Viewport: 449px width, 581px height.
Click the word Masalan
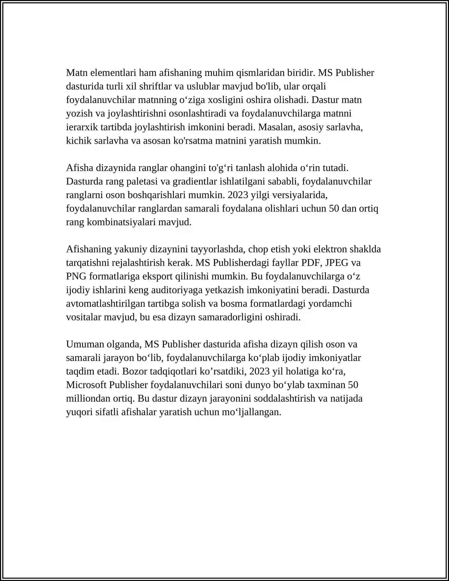(276, 127)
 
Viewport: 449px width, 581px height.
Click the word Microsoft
(86, 385)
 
